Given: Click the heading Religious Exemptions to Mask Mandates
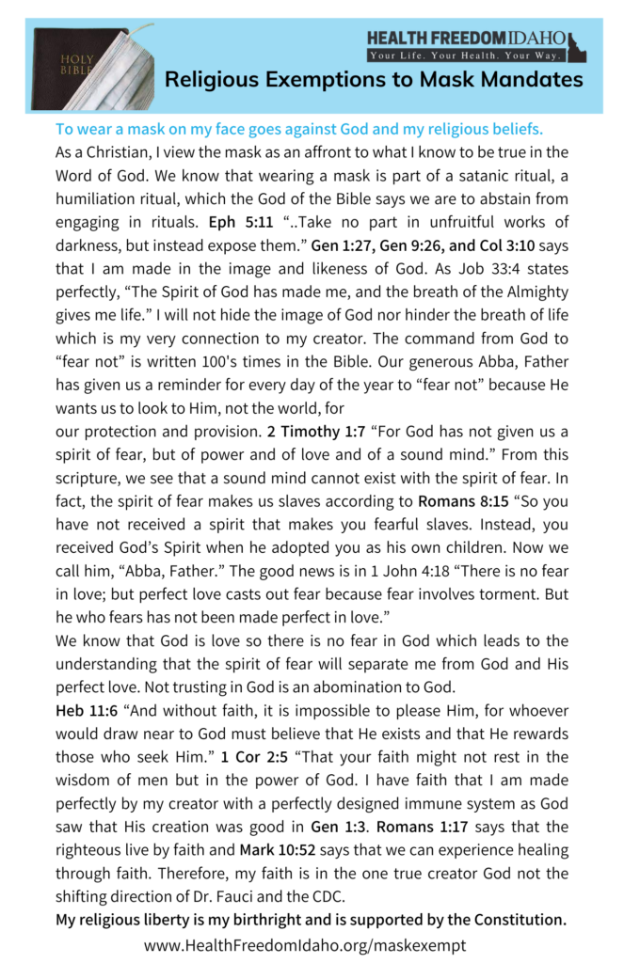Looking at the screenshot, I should pyautogui.click(x=374, y=80).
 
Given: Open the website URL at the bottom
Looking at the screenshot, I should pyautogui.click(x=305, y=944).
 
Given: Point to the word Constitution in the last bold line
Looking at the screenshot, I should pyautogui.click(x=517, y=921).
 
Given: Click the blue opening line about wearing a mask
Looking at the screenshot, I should pyautogui.click(x=299, y=128).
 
